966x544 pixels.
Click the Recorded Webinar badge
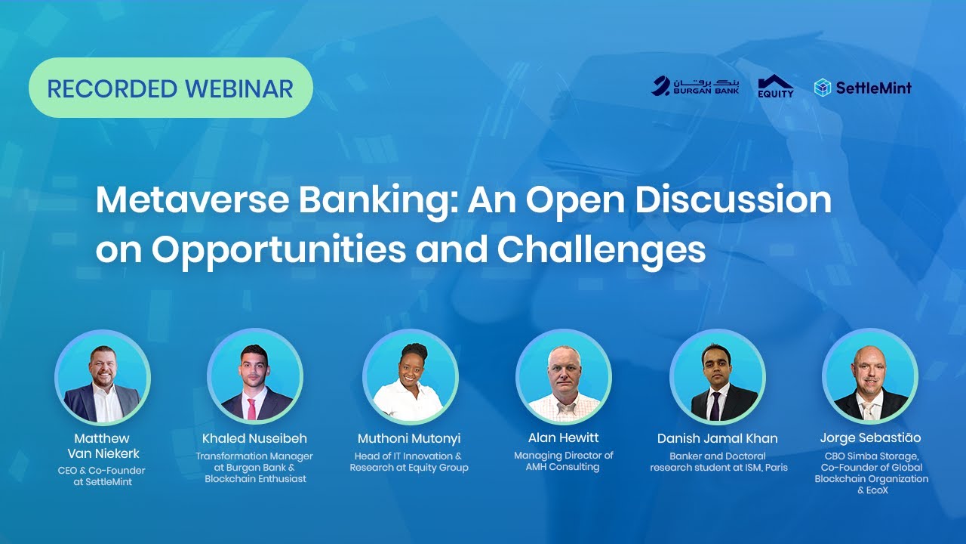click(171, 88)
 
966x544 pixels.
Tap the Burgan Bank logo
click(695, 86)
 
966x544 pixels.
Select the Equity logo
click(775, 86)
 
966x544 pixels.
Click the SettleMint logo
click(863, 88)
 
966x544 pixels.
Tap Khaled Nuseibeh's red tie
click(251, 408)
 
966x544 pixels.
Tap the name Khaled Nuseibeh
click(255, 438)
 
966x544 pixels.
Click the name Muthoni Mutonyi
click(409, 438)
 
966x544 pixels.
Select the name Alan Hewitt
click(563, 437)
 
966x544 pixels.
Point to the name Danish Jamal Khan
click(718, 438)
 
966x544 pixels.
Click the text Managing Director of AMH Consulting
click(563, 461)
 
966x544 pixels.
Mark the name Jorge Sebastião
click(870, 437)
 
